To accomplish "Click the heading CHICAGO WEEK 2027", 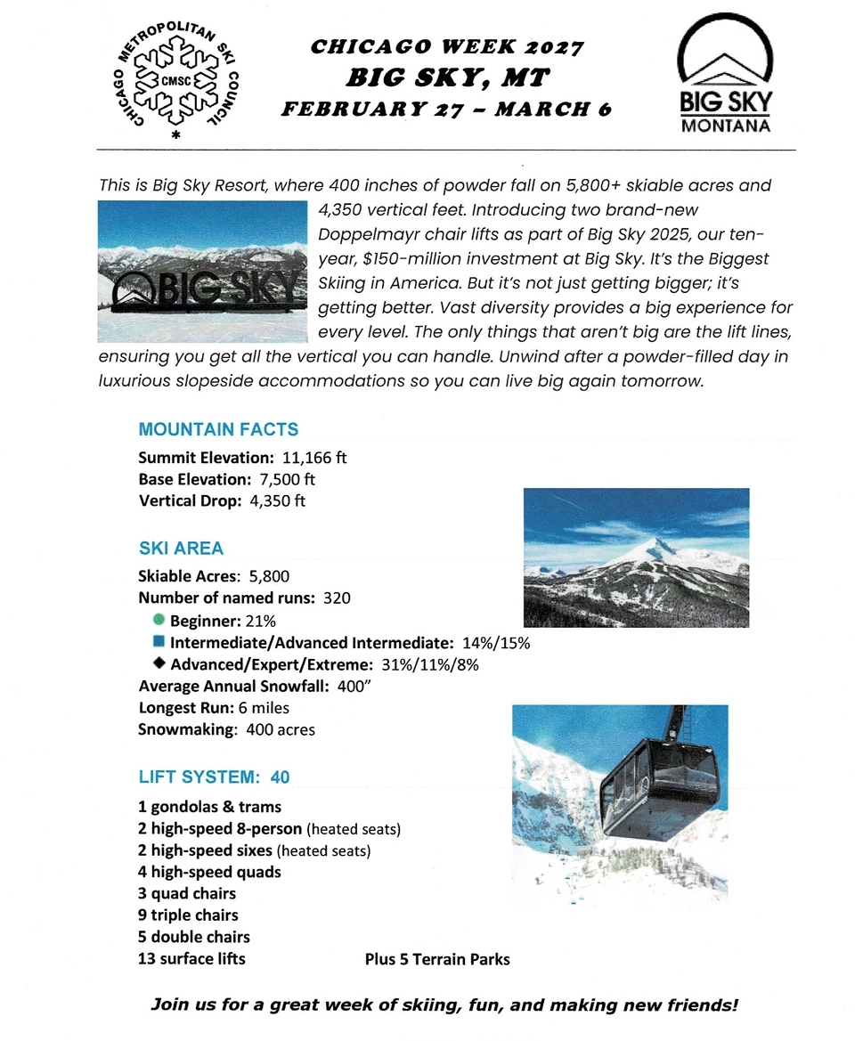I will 447,47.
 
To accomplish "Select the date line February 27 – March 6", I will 447,110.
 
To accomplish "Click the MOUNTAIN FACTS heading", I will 218,429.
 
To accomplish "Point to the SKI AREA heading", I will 181,549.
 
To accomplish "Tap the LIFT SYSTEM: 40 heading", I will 214,777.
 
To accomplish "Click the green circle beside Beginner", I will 159,620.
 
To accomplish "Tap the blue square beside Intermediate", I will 159,641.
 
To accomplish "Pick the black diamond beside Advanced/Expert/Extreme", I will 159,663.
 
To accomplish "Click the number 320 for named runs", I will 336,598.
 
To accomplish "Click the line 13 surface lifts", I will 191,959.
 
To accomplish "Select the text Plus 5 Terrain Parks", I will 437,959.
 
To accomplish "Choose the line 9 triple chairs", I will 188,915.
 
